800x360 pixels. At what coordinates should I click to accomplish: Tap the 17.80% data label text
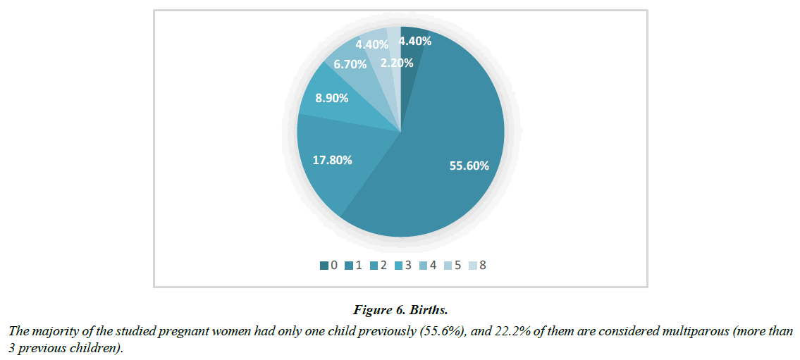click(x=332, y=160)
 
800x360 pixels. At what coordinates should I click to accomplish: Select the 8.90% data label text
click(x=331, y=99)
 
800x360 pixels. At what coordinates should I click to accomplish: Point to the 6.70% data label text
click(x=350, y=64)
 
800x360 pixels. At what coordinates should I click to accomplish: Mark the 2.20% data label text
click(x=397, y=63)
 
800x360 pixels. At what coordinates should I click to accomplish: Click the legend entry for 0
click(x=328, y=266)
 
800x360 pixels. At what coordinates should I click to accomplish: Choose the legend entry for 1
click(x=354, y=266)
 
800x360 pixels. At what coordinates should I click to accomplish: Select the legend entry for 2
click(x=379, y=266)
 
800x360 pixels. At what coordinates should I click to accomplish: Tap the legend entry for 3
click(x=404, y=266)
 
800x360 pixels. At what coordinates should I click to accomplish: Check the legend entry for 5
click(x=454, y=266)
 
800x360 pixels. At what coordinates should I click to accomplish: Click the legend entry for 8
click(x=479, y=266)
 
